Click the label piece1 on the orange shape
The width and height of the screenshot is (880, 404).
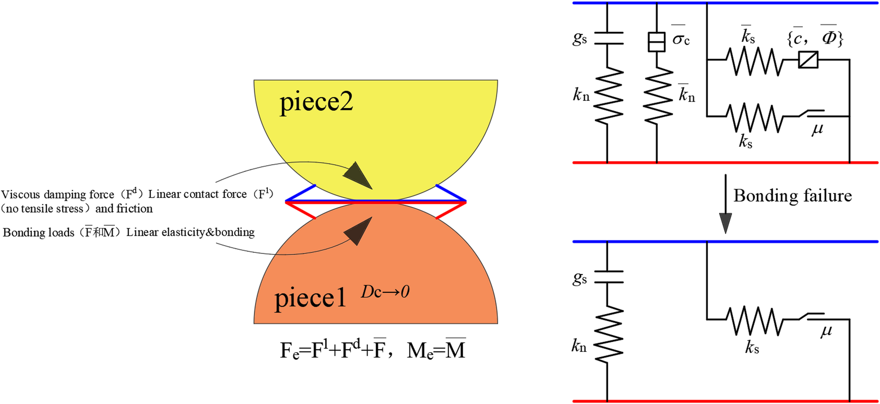pos(310,299)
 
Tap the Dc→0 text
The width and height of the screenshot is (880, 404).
pos(385,292)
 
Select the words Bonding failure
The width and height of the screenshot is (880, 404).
pos(792,195)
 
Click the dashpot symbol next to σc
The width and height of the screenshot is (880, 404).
pos(656,42)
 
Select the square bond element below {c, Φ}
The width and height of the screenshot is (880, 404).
pos(808,60)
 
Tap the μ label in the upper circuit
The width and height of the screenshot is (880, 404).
pos(817,129)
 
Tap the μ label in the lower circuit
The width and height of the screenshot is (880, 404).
pos(826,331)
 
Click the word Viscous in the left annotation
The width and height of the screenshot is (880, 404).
pos(21,195)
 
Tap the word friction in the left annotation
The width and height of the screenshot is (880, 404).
pos(135,209)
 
